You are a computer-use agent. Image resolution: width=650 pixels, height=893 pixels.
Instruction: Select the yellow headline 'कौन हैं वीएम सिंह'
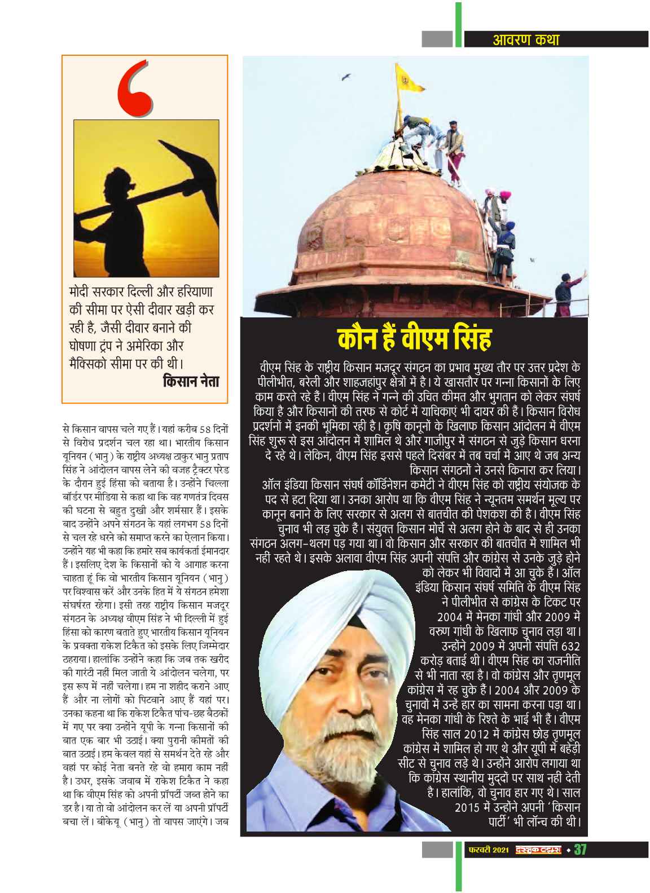pyautogui.click(x=415, y=340)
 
